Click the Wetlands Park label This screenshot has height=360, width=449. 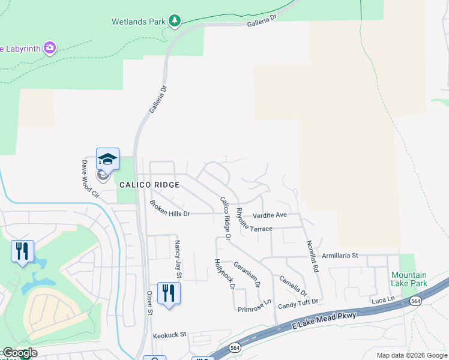point(138,22)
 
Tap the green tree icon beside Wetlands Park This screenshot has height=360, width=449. point(175,22)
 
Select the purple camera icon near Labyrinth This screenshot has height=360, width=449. point(50,47)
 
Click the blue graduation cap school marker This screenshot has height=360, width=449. point(107,159)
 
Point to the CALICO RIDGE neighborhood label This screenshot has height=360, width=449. point(149,185)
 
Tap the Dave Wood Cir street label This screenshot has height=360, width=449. point(90,178)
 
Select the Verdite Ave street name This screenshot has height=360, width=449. point(270,215)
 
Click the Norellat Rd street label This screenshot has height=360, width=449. point(312,257)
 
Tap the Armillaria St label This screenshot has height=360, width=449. point(340,256)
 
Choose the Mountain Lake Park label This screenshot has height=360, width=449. point(409,278)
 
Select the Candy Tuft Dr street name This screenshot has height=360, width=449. point(297,306)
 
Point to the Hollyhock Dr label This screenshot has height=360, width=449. point(224,274)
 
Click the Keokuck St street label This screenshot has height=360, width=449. point(170,335)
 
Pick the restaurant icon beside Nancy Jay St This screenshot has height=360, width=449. point(168,293)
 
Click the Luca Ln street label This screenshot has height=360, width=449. point(382,299)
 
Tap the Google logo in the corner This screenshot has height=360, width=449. point(20,353)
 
